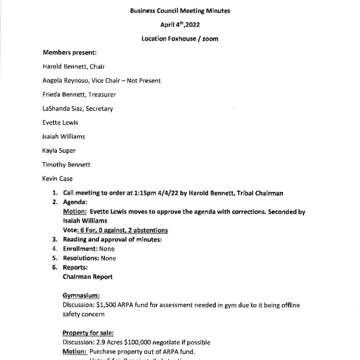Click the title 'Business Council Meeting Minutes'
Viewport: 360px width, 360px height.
pyautogui.click(x=180, y=11)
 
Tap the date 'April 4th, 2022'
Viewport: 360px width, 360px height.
pyautogui.click(x=180, y=25)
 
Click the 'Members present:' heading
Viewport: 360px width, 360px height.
pyautogui.click(x=70, y=53)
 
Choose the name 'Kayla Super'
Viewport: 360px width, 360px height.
pyautogui.click(x=59, y=150)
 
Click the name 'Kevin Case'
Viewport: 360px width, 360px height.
pyautogui.click(x=57, y=179)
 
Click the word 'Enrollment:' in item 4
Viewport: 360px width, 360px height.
pyautogui.click(x=80, y=249)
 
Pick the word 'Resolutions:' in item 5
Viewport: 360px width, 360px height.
pyautogui.click(x=81, y=258)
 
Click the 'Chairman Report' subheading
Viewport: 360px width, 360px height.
pyautogui.click(x=88, y=277)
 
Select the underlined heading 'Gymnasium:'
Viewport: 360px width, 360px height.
pyautogui.click(x=81, y=296)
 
